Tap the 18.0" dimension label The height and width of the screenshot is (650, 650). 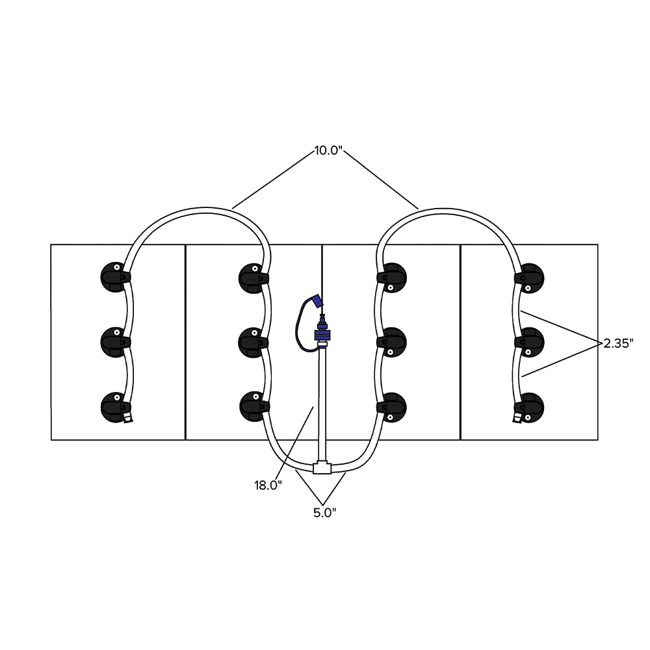pos(268,484)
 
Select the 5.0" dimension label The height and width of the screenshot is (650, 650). pos(324,513)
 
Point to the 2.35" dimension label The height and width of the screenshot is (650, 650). pos(617,343)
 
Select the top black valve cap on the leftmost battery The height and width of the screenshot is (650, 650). pos(114,276)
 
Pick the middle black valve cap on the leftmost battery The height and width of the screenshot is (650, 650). pos(114,339)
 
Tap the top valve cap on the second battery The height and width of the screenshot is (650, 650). pos(252,276)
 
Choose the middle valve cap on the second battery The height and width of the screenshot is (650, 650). pos(252,339)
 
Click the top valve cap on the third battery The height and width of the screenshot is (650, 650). pos(393,277)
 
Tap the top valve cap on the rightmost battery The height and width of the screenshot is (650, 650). pos(530,277)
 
